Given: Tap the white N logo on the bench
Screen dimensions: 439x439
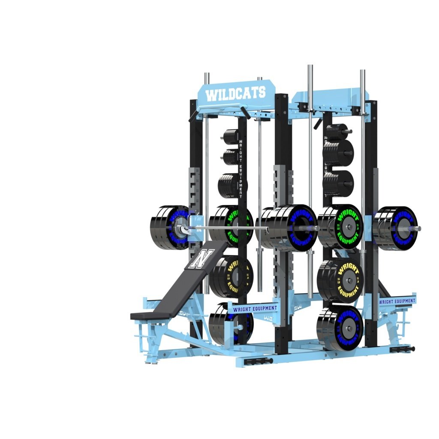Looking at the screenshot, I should (200, 259).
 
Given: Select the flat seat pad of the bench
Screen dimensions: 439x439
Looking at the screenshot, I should (148, 315).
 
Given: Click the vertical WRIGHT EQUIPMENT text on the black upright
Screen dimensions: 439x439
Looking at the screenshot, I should (241, 168).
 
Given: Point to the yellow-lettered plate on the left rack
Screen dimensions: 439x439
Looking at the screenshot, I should (232, 277).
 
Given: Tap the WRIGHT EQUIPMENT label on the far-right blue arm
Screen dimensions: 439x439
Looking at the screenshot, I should (397, 301).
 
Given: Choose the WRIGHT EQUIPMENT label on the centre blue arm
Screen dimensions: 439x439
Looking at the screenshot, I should (255, 308).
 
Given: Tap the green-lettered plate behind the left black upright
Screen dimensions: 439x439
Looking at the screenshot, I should (234, 225).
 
